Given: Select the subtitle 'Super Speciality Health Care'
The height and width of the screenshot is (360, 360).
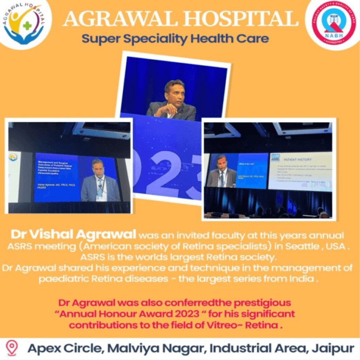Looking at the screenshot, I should [175, 39].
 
